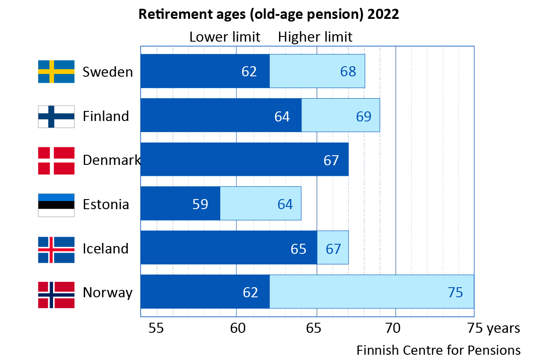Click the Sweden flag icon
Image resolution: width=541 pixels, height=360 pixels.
click(x=56, y=71)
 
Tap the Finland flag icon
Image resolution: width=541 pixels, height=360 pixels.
click(x=56, y=116)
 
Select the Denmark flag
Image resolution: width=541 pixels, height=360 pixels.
click(x=56, y=160)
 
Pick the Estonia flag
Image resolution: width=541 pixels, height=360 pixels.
click(x=56, y=205)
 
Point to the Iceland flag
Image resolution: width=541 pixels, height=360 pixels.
click(x=56, y=249)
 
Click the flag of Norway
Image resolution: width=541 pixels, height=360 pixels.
click(x=56, y=293)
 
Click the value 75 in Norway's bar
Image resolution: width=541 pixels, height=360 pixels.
click(x=455, y=292)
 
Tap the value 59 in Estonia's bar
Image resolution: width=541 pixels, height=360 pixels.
click(x=200, y=204)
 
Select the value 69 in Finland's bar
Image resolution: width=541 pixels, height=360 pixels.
click(x=363, y=116)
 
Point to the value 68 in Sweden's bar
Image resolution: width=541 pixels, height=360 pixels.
click(x=348, y=71)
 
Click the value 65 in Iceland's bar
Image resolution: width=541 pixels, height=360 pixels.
click(x=298, y=249)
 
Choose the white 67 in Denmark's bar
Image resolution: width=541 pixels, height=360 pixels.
click(x=331, y=160)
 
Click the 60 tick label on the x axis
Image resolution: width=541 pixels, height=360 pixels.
click(x=236, y=328)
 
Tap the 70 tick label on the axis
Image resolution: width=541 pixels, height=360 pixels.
click(x=396, y=328)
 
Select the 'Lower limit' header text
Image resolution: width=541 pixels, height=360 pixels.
click(x=225, y=37)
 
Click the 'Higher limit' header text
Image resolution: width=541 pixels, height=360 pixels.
click(x=315, y=37)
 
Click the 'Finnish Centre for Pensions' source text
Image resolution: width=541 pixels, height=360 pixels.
click(x=438, y=350)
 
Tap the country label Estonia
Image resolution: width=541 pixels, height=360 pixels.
click(x=106, y=205)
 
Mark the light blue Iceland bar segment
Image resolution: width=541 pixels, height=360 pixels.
click(x=333, y=247)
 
